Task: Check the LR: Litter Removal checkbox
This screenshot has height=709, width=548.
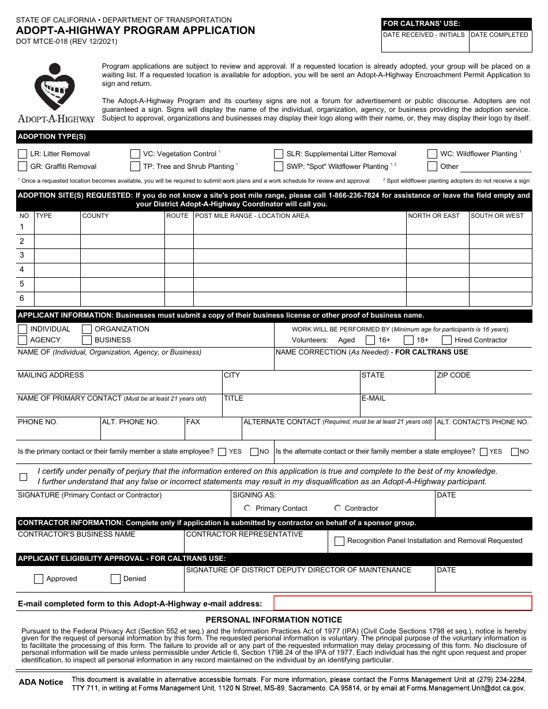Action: [22, 154]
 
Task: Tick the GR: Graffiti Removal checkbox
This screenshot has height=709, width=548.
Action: [22, 167]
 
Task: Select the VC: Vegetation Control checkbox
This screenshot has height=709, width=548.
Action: [135, 154]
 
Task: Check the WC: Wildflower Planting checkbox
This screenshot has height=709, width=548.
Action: [432, 154]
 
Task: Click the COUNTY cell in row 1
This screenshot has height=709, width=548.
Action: [122, 227]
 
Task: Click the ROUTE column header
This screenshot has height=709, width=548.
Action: [177, 216]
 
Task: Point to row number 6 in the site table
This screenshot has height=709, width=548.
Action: [22, 298]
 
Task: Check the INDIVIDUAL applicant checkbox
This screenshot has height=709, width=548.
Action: [22, 329]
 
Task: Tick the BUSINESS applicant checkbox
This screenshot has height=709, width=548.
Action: [87, 340]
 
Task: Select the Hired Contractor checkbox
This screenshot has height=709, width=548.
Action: [446, 340]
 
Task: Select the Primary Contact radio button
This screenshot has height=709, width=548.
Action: [247, 508]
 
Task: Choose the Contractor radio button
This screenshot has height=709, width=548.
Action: [337, 508]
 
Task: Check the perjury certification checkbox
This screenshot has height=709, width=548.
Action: [23, 477]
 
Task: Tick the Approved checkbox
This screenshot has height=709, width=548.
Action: [39, 579]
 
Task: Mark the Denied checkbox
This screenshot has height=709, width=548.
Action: [115, 579]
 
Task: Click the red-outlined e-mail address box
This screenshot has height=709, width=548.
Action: [402, 604]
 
